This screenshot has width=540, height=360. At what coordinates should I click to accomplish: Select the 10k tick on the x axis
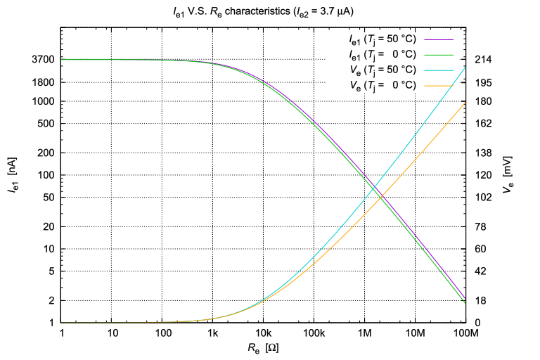[263, 333]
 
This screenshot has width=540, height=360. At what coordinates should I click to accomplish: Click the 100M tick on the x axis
[465, 333]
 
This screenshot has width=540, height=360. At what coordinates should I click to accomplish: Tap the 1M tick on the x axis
[364, 333]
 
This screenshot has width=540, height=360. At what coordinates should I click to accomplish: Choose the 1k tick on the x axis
[213, 333]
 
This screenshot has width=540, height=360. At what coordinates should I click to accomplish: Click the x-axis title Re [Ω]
[264, 347]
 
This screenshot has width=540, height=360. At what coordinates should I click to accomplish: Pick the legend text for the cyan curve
[382, 70]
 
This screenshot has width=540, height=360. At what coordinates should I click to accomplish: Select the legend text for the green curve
[382, 53]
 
